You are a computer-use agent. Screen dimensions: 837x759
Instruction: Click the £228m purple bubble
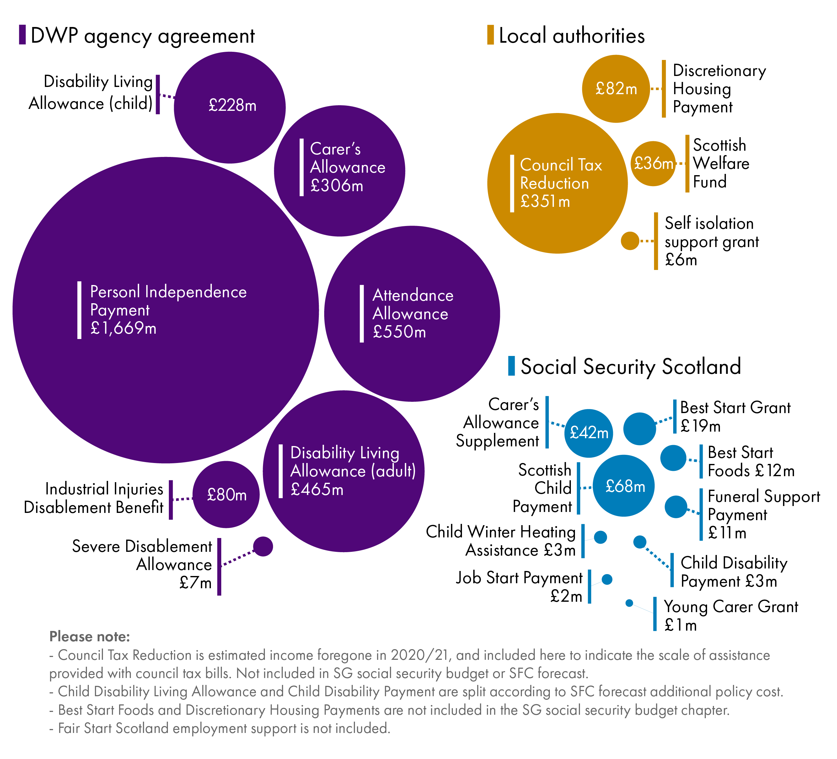[230, 108]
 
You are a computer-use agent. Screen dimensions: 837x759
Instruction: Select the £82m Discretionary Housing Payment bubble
[616, 89]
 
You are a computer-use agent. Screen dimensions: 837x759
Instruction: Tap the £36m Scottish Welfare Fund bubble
[653, 164]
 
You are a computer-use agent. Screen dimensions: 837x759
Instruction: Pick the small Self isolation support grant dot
[630, 241]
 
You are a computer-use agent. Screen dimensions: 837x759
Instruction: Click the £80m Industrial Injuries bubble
[226, 494]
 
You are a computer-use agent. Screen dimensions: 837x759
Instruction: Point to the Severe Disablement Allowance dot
[263, 546]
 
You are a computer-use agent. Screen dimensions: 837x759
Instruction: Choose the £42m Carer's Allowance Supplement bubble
[588, 433]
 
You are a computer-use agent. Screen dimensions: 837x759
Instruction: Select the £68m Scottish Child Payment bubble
[624, 486]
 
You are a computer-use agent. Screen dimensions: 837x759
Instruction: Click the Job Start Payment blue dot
[607, 579]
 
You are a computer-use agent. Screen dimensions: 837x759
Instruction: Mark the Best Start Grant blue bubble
[640, 429]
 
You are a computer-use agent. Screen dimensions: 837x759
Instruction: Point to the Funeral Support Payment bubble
[676, 507]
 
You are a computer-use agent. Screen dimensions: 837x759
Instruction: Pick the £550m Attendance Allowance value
[400, 332]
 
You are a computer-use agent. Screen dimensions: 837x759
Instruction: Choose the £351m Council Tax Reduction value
[545, 202]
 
